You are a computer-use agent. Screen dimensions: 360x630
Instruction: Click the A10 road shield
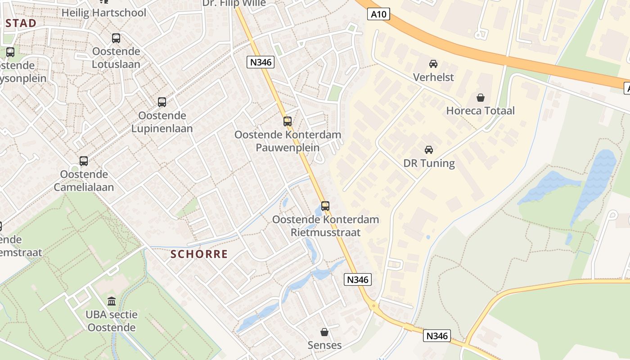[378, 14]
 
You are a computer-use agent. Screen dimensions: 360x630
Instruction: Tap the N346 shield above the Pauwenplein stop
[261, 62]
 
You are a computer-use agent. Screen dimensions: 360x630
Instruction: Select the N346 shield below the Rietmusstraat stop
[358, 279]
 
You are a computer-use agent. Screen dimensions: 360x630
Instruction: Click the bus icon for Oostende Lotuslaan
[116, 38]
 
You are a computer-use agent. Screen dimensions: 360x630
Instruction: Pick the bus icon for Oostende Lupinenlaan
[162, 102]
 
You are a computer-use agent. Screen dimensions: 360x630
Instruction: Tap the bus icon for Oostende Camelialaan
[84, 161]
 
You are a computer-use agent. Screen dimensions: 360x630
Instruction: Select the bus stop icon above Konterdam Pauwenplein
[288, 121]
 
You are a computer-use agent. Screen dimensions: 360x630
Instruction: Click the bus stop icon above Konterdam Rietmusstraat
[325, 206]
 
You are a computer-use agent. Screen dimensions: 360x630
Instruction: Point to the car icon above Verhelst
[433, 64]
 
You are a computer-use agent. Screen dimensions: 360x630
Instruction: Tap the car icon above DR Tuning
[429, 150]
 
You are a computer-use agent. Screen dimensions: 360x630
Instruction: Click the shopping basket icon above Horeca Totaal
[481, 97]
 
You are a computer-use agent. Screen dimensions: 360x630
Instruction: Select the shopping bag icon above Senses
[324, 332]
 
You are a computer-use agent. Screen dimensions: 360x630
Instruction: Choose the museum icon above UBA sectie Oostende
[112, 301]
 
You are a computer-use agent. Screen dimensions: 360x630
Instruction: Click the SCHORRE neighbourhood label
[199, 254]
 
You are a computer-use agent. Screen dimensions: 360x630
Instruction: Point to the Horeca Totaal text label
[480, 111]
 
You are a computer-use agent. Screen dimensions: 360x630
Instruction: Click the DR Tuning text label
[429, 163]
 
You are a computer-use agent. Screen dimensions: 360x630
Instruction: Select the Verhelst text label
[433, 77]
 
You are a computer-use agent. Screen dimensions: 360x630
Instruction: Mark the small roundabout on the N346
[373, 306]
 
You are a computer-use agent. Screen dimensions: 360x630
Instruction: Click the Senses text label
[324, 345]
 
